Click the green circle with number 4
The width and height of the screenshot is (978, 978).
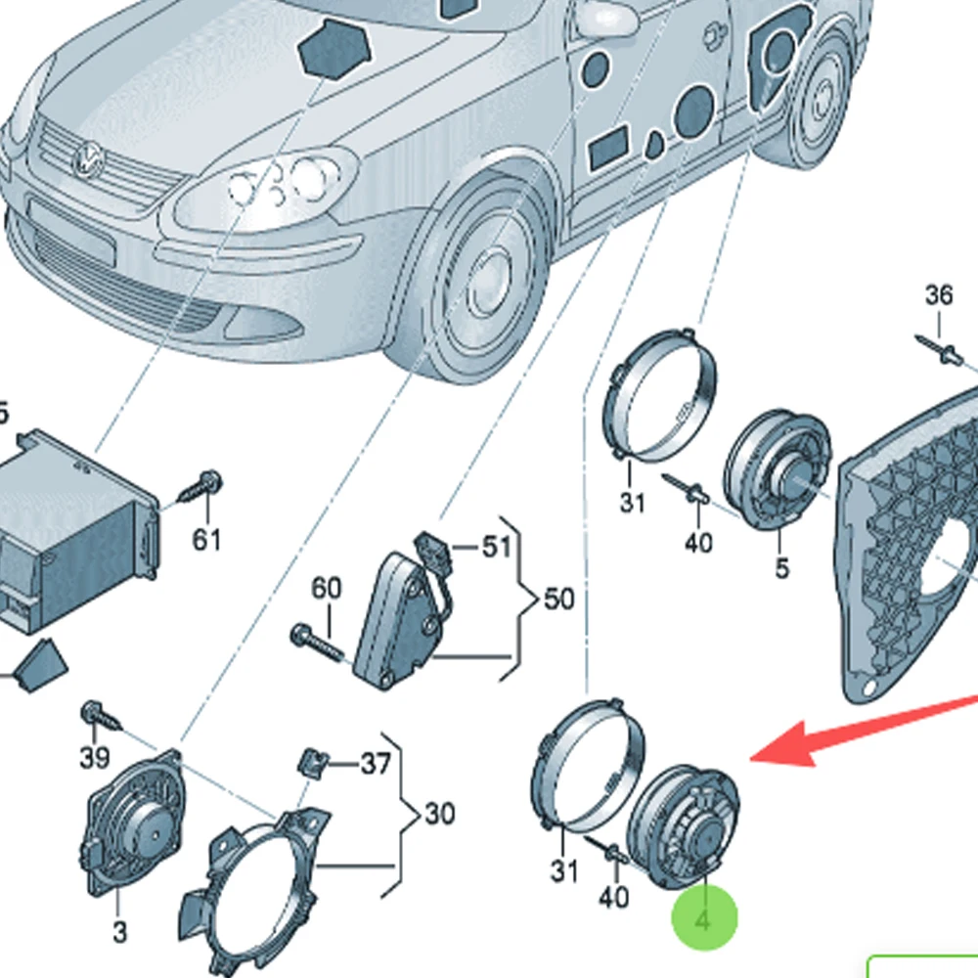click(x=704, y=918)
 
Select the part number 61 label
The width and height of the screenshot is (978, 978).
click(x=206, y=539)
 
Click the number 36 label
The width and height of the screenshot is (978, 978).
click(x=939, y=294)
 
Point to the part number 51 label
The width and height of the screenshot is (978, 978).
click(x=497, y=546)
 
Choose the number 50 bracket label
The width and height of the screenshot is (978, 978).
click(x=558, y=598)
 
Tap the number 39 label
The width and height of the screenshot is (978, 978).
click(x=94, y=756)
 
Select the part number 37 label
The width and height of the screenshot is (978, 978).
click(x=375, y=764)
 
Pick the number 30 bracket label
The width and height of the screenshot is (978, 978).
click(x=440, y=813)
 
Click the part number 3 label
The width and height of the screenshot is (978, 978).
click(x=118, y=932)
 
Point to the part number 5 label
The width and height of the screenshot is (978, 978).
click(x=781, y=567)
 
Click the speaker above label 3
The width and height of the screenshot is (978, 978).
click(x=137, y=826)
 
